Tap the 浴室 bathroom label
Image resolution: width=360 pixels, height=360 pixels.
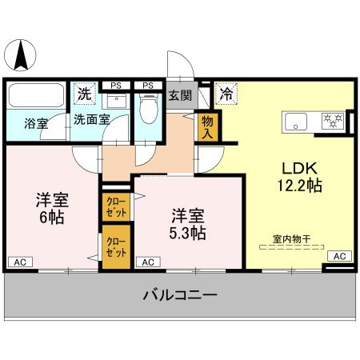pos(35,124)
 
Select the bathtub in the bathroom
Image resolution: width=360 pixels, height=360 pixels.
pos(36,98)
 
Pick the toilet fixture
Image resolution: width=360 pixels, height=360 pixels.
pos(148,108)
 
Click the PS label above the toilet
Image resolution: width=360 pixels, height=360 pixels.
pos(148,85)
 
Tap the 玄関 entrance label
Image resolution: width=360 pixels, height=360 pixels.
pos(180,96)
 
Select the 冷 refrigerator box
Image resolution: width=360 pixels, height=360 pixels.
pos(226,94)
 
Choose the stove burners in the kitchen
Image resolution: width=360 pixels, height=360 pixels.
pos(332,122)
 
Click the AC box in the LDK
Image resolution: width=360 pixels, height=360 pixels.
pos(338,256)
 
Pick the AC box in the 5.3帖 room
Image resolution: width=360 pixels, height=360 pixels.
pos(147,262)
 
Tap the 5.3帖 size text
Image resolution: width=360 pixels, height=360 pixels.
pos(188,233)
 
